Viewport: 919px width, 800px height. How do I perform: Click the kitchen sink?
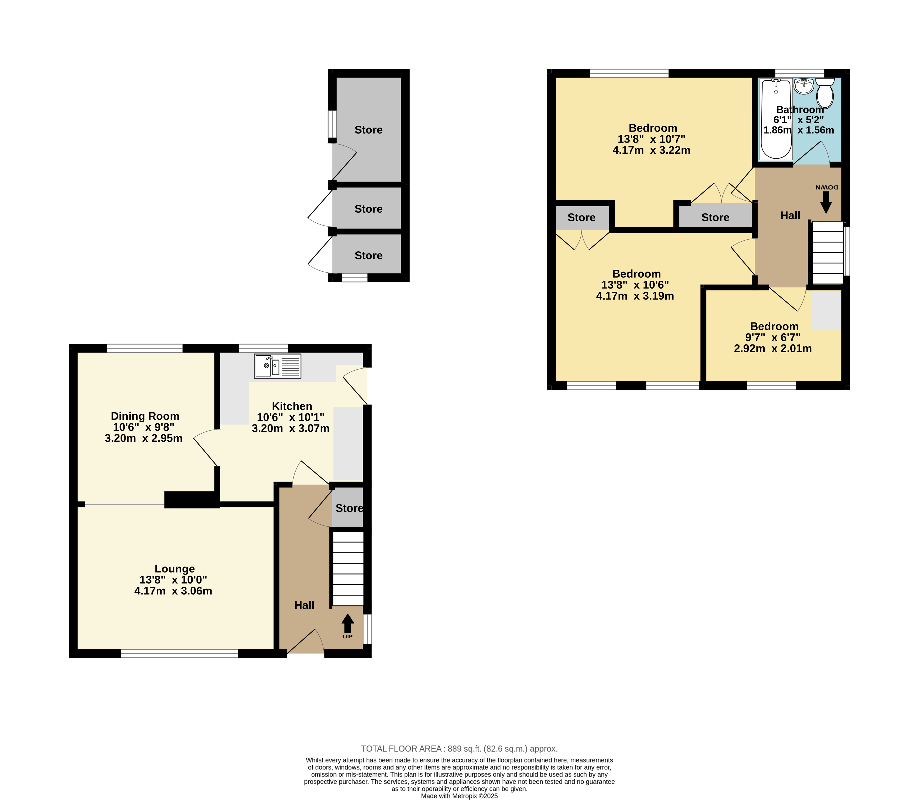[278, 366]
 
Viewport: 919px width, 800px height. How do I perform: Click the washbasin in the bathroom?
[804, 86]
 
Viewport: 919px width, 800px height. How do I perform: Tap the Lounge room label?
[175, 569]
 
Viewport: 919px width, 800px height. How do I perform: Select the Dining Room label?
[145, 416]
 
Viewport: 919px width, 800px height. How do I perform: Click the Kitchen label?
[292, 406]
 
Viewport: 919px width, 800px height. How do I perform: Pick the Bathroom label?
[800, 110]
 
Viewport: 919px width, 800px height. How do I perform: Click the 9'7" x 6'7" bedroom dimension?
[773, 338]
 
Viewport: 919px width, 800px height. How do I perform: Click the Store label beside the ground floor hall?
[349, 508]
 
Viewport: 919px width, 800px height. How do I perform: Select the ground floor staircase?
[347, 568]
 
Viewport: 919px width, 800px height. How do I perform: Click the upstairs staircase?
[827, 253]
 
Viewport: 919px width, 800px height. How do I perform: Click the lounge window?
[179, 654]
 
